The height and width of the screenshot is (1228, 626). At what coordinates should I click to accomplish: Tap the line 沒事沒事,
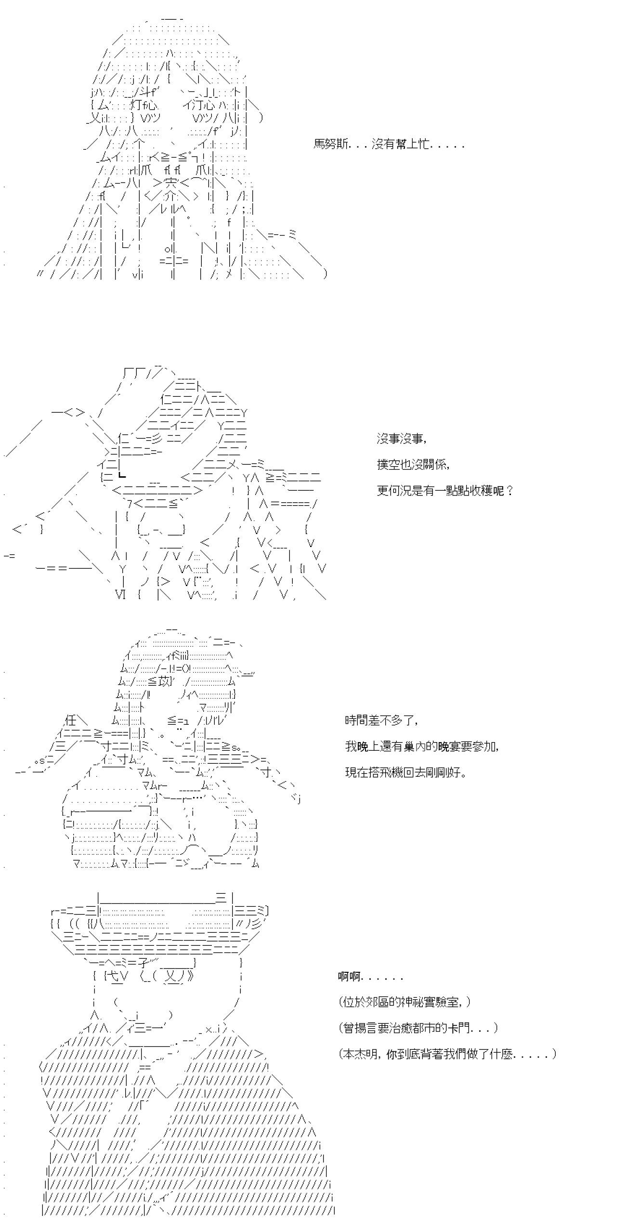click(402, 439)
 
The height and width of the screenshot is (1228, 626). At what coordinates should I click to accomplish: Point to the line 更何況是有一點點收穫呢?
click(445, 491)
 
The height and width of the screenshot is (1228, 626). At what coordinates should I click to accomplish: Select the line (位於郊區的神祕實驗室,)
click(405, 1002)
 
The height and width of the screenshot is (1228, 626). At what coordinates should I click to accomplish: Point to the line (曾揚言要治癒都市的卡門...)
click(418, 1028)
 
